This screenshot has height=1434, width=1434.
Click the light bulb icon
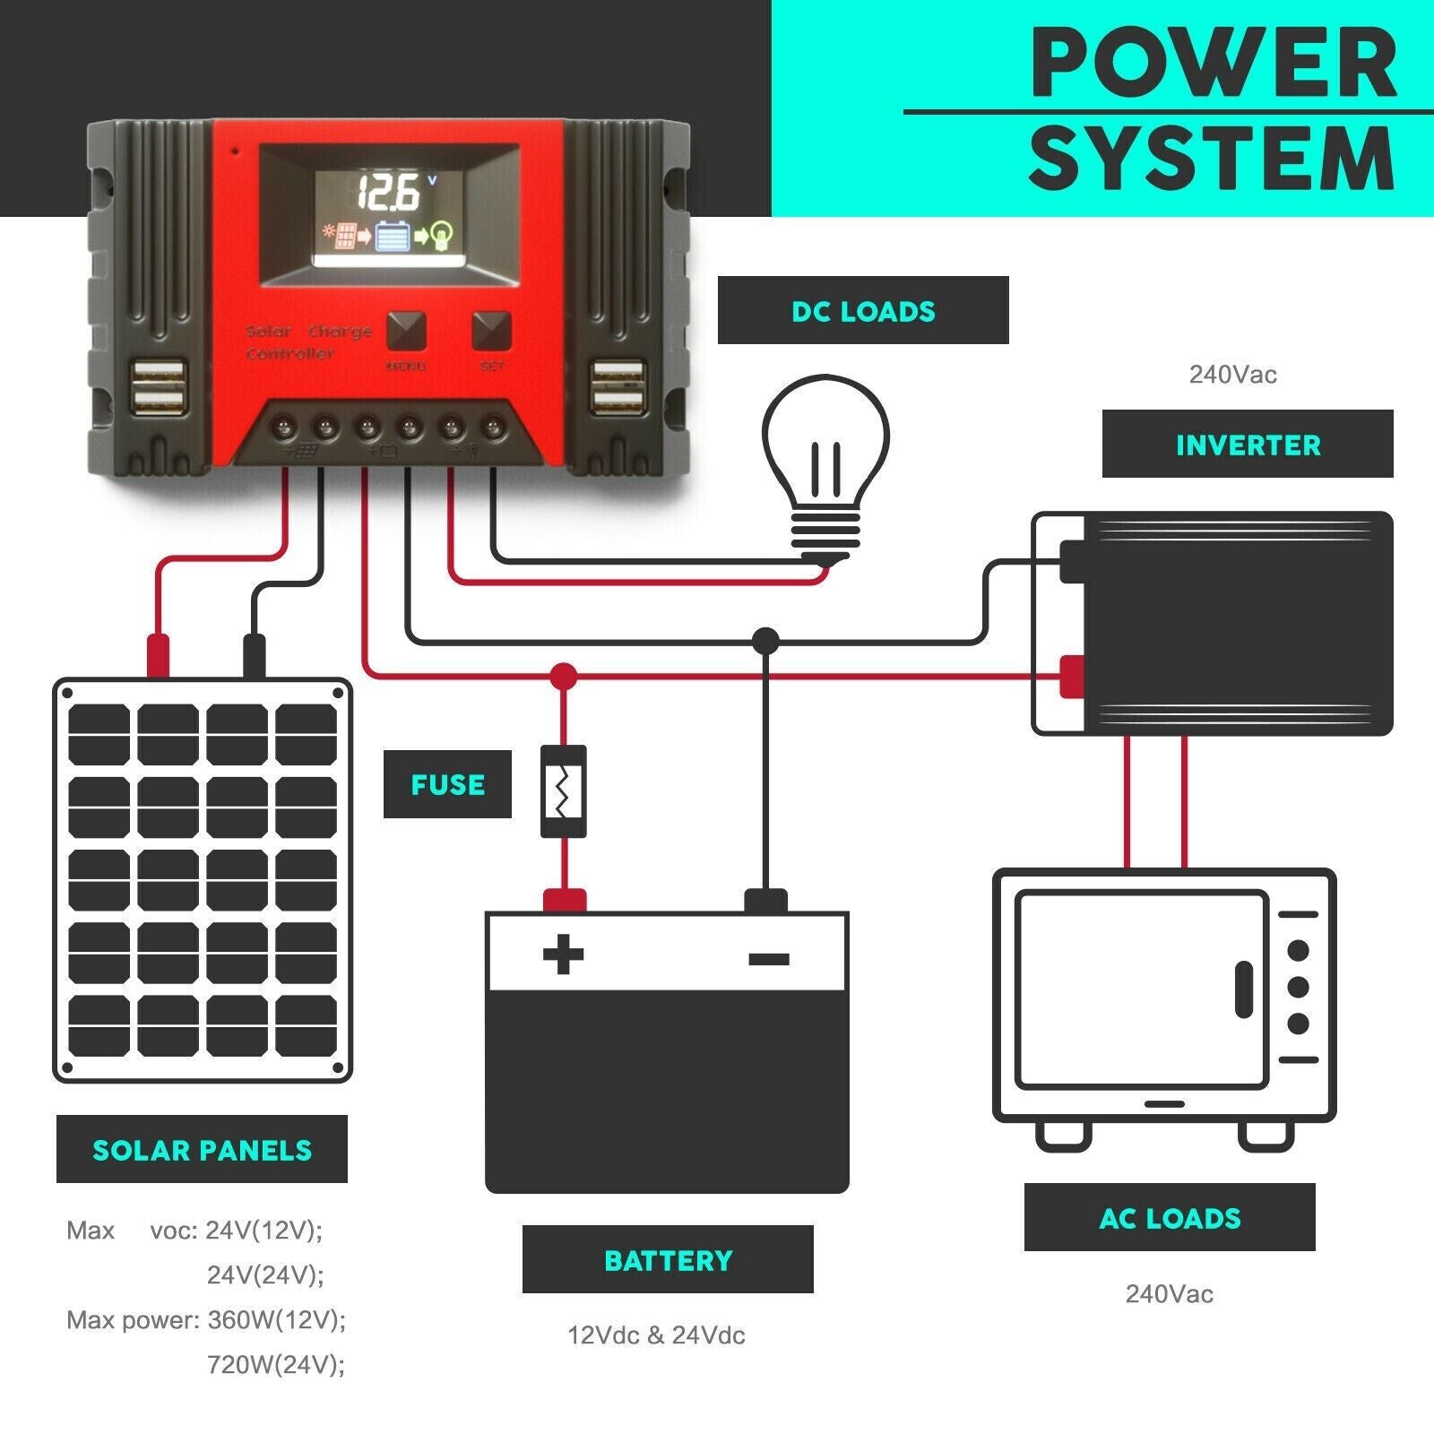click(825, 457)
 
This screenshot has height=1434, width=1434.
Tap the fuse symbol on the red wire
click(564, 791)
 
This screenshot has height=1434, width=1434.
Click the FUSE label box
click(447, 784)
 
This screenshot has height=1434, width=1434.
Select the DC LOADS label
click(863, 310)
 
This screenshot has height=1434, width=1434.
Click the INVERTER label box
click(1248, 445)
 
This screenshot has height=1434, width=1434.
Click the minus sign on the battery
click(768, 959)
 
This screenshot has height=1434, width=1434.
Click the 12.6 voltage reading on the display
click(390, 192)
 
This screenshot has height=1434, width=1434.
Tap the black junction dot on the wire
click(765, 640)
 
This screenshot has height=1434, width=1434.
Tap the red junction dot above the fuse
click(564, 676)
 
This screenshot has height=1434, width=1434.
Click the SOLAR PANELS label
click(202, 1150)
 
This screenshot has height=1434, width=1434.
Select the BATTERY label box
click(668, 1260)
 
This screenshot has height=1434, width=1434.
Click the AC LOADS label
click(1170, 1218)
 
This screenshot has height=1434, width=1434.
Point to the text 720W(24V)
click(276, 1364)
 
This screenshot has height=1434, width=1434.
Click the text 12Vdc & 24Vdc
click(656, 1335)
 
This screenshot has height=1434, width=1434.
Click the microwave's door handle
click(1243, 989)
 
